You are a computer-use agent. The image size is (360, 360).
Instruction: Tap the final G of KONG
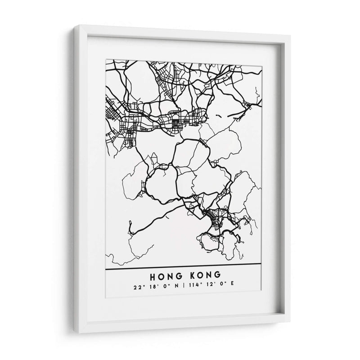click(218, 275)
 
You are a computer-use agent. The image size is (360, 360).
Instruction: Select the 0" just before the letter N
click(165, 287)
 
